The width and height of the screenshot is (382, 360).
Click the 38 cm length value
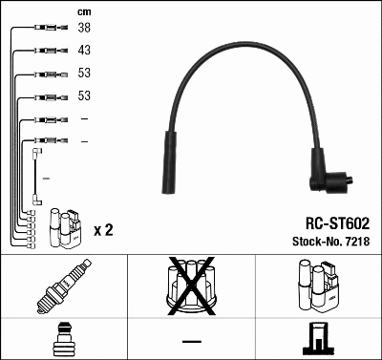[84, 29]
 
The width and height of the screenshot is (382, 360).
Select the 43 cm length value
[84, 50]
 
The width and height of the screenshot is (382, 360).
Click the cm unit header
[83, 11]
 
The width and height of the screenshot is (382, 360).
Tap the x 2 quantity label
[103, 231]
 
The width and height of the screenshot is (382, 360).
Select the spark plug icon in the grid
[63, 287]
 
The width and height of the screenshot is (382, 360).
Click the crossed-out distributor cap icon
[191, 287]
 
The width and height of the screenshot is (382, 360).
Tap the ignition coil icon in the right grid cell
[318, 287]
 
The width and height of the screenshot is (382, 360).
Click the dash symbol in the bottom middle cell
[191, 340]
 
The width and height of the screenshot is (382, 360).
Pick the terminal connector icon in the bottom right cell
[318, 338]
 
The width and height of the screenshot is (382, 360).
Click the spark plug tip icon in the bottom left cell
[63, 338]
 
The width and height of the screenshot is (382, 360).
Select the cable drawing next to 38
[49, 29]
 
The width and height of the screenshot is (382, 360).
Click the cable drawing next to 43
[49, 50]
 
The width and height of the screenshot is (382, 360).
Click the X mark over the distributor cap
[191, 285]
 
